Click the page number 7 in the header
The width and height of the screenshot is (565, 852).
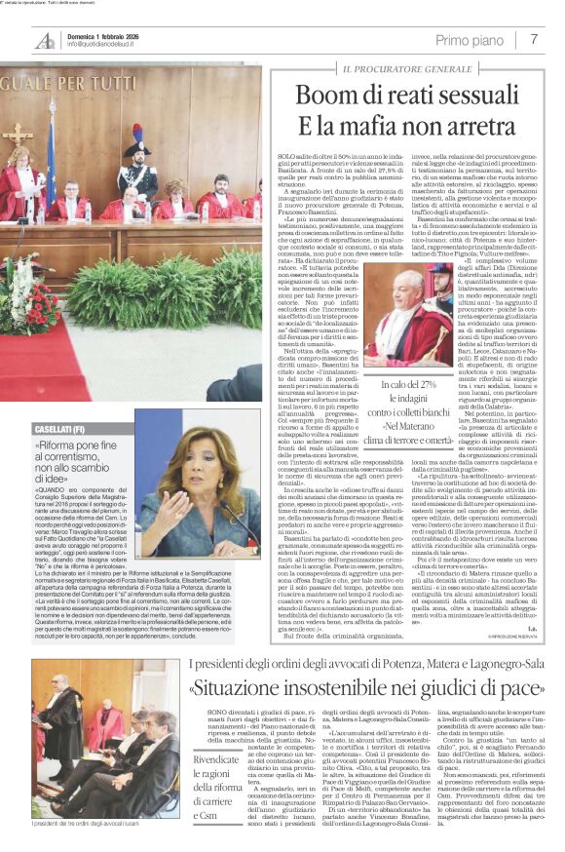[x=534, y=39]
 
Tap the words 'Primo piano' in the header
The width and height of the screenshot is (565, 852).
[x=470, y=40]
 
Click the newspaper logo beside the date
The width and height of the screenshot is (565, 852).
[x=45, y=41]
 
